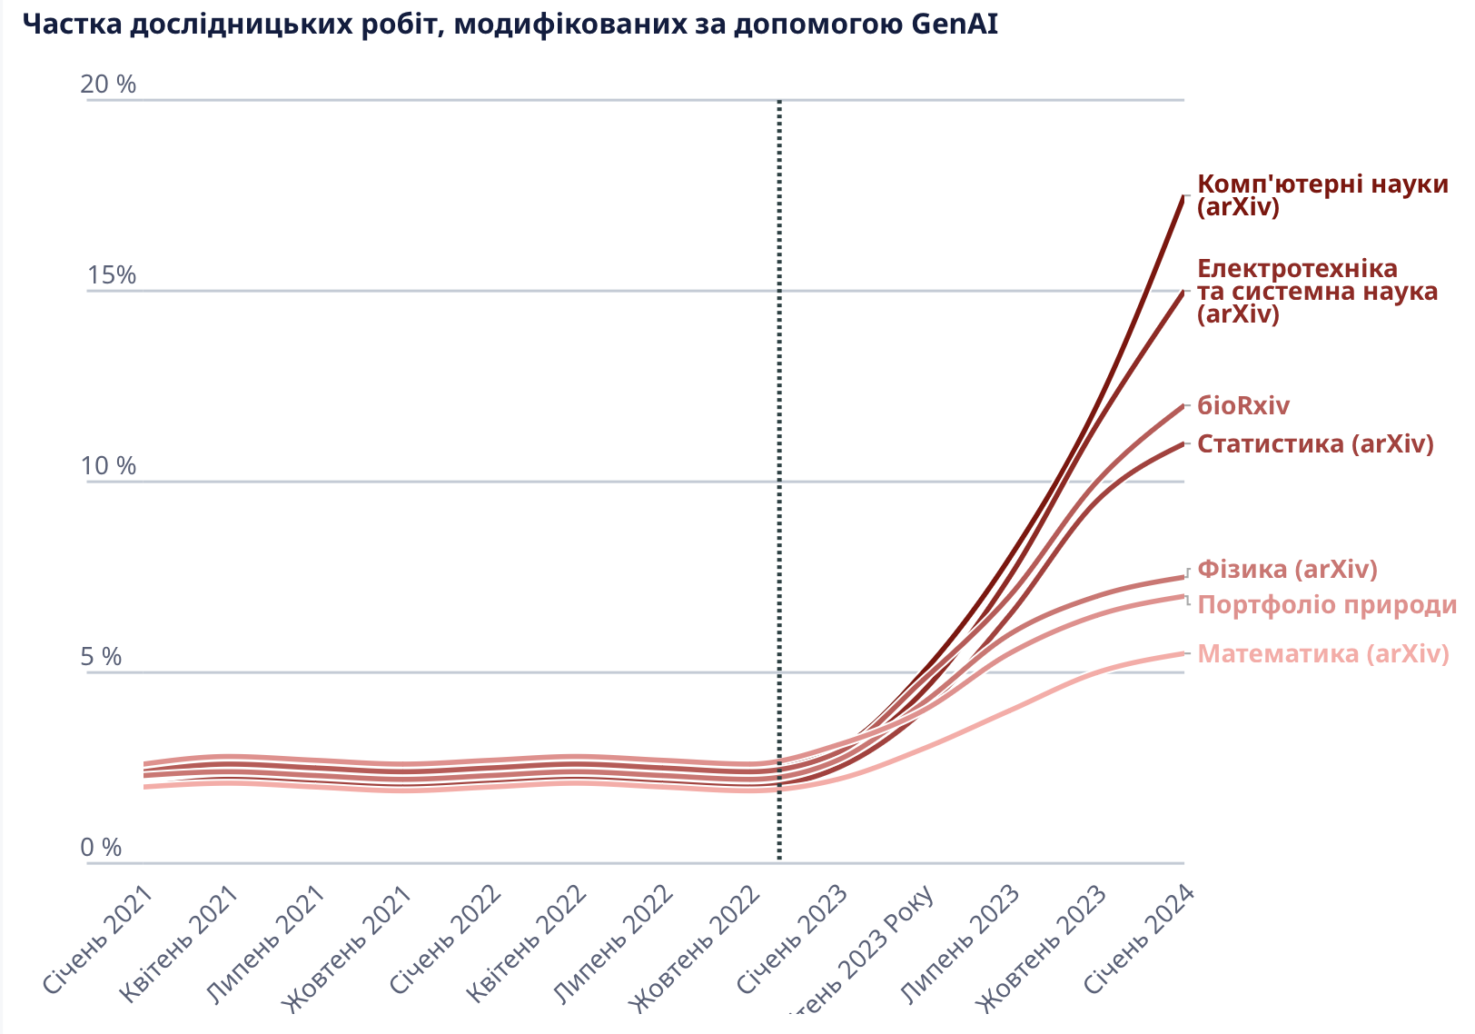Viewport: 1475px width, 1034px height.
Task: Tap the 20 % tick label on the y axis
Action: point(108,85)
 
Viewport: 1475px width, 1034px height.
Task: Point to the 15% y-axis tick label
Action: point(111,275)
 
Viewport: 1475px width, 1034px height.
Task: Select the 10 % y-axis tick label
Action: point(108,466)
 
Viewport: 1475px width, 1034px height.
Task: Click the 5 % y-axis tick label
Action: point(101,657)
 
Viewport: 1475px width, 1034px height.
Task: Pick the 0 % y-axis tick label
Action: point(101,848)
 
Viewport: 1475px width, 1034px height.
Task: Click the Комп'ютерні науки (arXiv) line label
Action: point(1322,195)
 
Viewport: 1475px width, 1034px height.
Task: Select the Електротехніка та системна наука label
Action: point(1317,292)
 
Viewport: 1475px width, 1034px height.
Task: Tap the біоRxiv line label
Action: point(1242,405)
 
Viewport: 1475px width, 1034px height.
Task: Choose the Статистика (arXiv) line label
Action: point(1315,443)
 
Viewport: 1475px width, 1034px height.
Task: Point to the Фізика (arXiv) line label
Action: point(1287,569)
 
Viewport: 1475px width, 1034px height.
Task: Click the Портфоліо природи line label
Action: point(1327,605)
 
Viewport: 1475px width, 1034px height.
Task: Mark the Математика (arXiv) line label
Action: point(1322,653)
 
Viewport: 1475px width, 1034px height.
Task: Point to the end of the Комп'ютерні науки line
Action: point(1183,195)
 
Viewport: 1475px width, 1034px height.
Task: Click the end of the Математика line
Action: point(1183,653)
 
